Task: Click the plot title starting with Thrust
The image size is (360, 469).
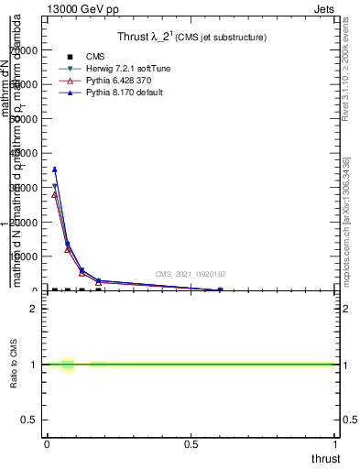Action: click(x=191, y=38)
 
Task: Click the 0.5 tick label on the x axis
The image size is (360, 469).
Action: click(x=191, y=444)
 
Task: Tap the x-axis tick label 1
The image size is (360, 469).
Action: click(x=335, y=444)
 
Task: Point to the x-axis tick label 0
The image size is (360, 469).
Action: click(x=47, y=444)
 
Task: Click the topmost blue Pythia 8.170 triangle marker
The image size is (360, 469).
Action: click(x=55, y=169)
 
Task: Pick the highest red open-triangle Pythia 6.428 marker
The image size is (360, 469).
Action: click(x=55, y=194)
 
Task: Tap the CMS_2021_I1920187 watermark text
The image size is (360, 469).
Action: click(x=190, y=274)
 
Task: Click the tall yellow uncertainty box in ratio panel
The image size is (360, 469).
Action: click(x=67, y=365)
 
